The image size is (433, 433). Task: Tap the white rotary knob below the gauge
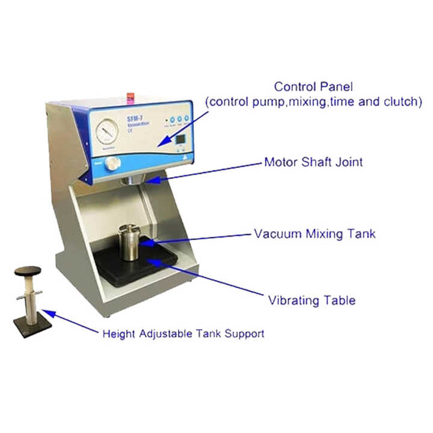point(111,164)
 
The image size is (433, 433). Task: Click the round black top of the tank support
point(28,271)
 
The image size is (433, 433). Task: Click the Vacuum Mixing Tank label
point(314,233)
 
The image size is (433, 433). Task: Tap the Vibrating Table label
point(312,299)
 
